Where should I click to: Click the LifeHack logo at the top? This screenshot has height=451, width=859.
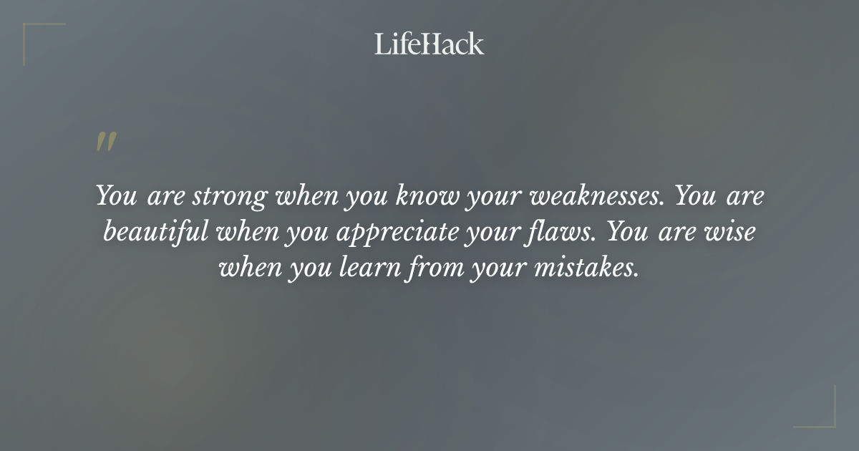tap(429, 44)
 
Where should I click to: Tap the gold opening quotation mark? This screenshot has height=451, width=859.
tap(106, 142)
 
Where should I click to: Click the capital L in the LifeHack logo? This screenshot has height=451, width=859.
tap(382, 44)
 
